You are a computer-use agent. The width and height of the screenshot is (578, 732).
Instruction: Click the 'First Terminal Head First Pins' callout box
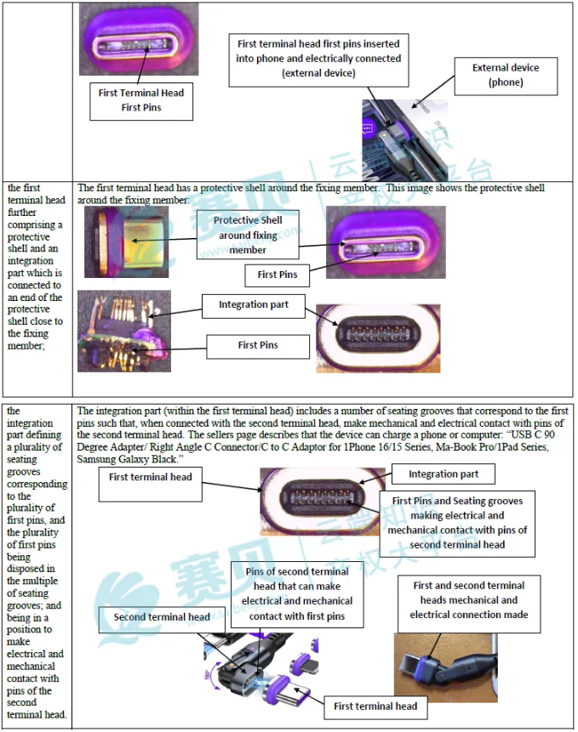click(x=141, y=100)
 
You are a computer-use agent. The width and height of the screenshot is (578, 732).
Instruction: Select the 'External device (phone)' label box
click(x=506, y=76)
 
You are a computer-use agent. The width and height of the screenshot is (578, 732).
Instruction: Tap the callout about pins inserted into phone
click(x=318, y=58)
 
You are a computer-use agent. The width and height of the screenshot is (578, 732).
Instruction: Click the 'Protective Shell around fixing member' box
click(x=248, y=235)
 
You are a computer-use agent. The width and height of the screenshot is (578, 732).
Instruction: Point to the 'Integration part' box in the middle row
click(x=253, y=305)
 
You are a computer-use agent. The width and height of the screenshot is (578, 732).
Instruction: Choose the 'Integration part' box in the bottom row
click(x=444, y=474)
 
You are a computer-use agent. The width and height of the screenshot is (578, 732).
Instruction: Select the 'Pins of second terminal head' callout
click(x=297, y=593)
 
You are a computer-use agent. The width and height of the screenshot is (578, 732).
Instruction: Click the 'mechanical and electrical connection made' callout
click(x=468, y=600)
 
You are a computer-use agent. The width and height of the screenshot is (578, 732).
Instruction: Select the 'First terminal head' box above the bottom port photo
click(x=151, y=477)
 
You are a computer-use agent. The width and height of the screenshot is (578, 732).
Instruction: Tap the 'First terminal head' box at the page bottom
click(x=375, y=706)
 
